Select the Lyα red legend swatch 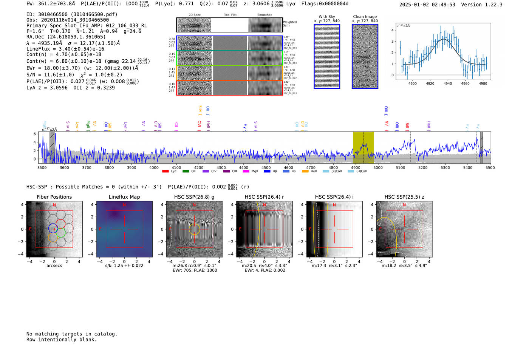pyautogui.click(x=165, y=172)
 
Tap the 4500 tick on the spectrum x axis pyautogui.click(x=266, y=168)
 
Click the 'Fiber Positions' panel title pyautogui.click(x=54, y=197)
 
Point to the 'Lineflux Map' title pyautogui.click(x=124, y=197)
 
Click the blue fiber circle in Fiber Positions pyautogui.click(x=53, y=228)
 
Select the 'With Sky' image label pyautogui.click(x=326, y=17)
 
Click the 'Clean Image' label pyautogui.click(x=365, y=17)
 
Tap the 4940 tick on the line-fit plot pyautogui.click(x=448, y=83)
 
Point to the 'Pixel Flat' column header pyautogui.click(x=230, y=15)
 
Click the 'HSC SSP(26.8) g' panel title pyautogui.click(x=194, y=197)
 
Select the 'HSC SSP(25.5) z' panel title pyautogui.click(x=404, y=197)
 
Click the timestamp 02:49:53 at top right pyautogui.click(x=443, y=5)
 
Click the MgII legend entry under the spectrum pyautogui.click(x=252, y=172)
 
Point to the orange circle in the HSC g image pyautogui.click(x=195, y=229)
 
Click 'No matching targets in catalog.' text pyautogui.click(x=72, y=334)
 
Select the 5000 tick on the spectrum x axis pyautogui.click(x=378, y=168)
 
